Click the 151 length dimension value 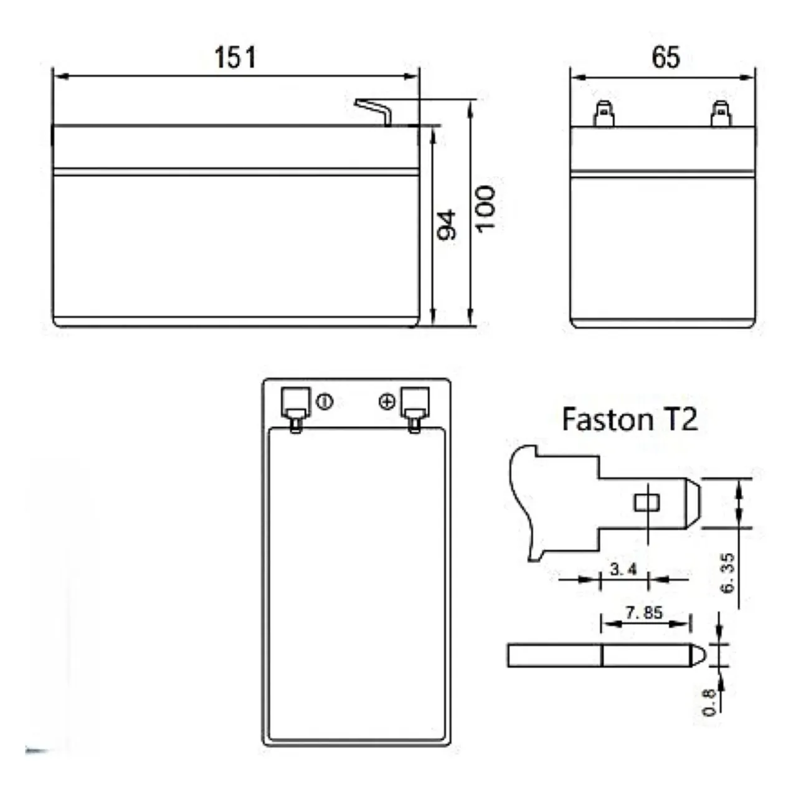(x=235, y=57)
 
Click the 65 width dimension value (x=665, y=57)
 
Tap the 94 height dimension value (x=447, y=225)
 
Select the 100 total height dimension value (x=485, y=209)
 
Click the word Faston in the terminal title (x=607, y=420)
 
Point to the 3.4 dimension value (x=623, y=569)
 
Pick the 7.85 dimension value (x=644, y=613)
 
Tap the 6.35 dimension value (x=727, y=573)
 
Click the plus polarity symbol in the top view (x=387, y=402)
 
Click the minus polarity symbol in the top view (x=324, y=402)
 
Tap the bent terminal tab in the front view (x=374, y=111)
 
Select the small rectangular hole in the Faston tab (x=647, y=503)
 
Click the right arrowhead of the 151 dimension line (x=412, y=76)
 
